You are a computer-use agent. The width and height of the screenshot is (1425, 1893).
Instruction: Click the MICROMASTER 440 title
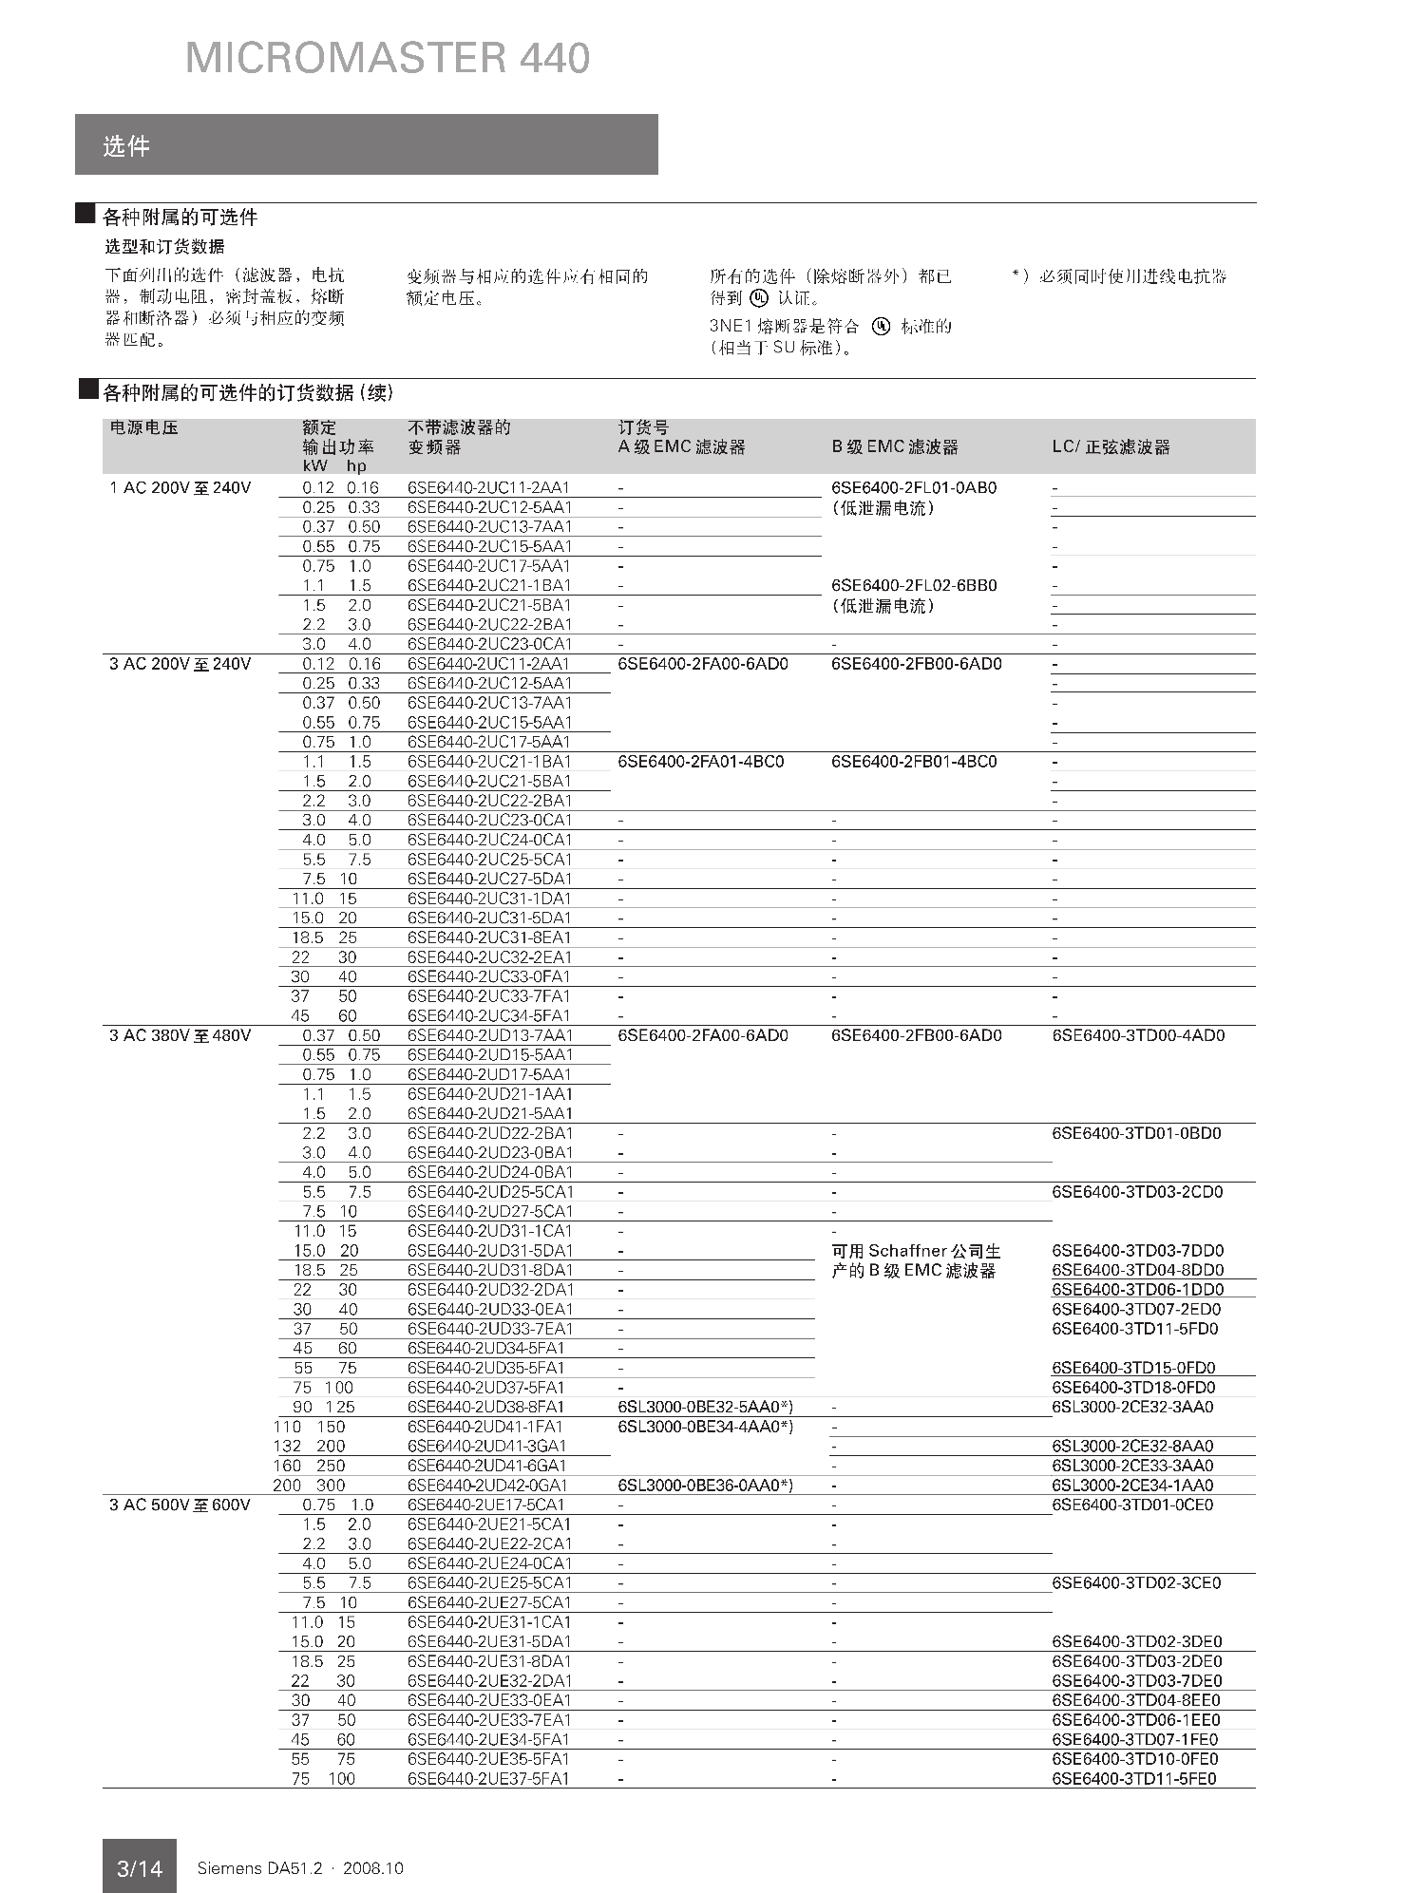[x=388, y=58]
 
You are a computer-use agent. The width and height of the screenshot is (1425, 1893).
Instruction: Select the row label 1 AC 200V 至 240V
[x=180, y=488]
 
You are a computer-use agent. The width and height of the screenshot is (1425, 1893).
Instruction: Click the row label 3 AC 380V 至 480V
[x=180, y=1035]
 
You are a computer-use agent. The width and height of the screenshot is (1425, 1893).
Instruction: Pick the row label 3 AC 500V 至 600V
[x=180, y=1505]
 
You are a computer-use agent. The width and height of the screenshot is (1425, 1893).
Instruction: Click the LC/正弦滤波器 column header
[x=1111, y=447]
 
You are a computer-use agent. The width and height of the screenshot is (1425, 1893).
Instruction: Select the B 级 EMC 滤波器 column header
[x=895, y=447]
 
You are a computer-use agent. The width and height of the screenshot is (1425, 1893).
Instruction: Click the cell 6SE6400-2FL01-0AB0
[x=914, y=488]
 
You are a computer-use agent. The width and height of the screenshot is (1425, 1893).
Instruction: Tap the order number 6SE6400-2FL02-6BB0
[x=914, y=585]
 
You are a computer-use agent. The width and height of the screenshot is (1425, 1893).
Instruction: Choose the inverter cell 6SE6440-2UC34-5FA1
[x=489, y=1016]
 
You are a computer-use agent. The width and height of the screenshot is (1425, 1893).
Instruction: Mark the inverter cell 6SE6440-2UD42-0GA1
[x=487, y=1486]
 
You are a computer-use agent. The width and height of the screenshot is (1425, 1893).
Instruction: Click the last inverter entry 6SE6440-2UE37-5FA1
[x=488, y=1779]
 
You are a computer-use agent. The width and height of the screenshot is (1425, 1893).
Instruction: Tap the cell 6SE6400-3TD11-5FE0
[x=1133, y=1779]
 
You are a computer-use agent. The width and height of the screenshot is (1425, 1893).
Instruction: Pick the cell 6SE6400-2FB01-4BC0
[x=914, y=762]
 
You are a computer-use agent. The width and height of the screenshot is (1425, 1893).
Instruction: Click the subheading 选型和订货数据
[x=164, y=247]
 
